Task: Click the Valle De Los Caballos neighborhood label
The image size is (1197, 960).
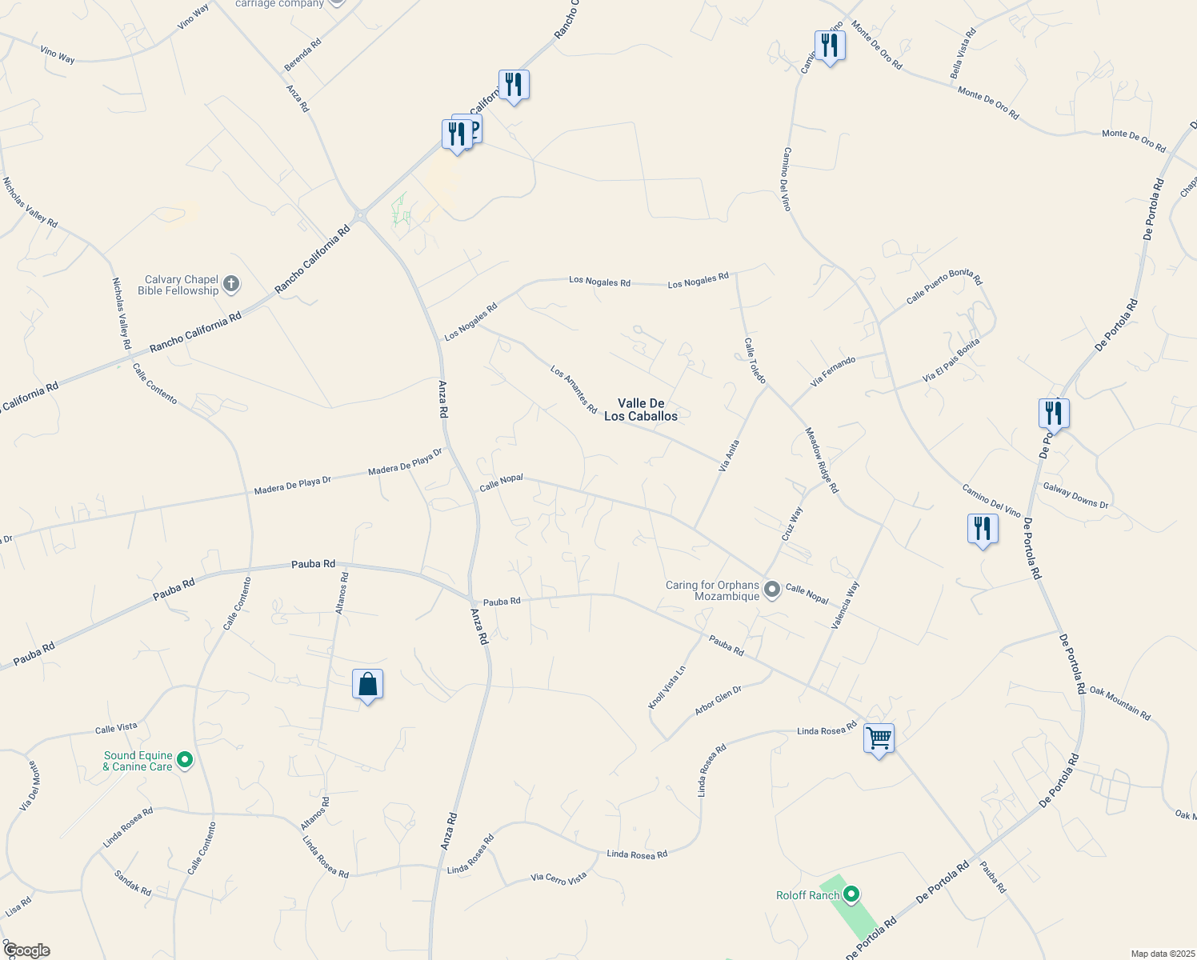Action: tap(640, 410)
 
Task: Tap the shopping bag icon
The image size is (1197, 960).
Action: tap(367, 686)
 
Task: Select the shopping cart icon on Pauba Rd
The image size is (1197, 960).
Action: tap(879, 739)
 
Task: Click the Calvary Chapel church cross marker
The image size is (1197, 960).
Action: tap(230, 284)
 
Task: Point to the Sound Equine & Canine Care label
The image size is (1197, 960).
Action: tap(138, 761)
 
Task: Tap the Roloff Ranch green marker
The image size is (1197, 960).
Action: tap(852, 894)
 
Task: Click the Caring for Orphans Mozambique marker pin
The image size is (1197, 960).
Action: tap(771, 590)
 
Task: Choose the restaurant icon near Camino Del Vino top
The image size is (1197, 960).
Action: tap(830, 46)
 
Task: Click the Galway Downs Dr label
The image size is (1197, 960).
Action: tap(1075, 495)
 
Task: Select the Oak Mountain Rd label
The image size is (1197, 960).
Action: tap(1119, 703)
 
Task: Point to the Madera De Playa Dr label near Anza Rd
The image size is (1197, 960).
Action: tap(405, 461)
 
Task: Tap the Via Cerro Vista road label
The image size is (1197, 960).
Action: tap(558, 878)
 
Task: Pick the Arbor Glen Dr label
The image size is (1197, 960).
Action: tap(718, 699)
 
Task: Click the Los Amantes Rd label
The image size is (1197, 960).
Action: tap(574, 390)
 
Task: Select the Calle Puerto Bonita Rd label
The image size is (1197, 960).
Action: tap(943, 286)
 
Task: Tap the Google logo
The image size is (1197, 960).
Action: tap(26, 950)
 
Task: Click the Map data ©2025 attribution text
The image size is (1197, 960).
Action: tap(1162, 954)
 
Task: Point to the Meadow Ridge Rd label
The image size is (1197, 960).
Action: tap(822, 460)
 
